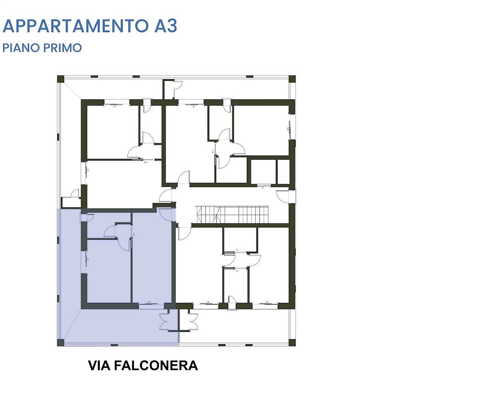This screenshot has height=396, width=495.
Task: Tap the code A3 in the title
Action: coord(166,26)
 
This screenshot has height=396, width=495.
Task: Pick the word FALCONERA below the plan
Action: coord(156,365)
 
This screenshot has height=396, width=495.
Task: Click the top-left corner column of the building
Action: coord(60,79)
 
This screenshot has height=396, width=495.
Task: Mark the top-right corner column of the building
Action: coord(292,79)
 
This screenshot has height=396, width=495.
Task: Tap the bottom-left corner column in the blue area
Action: coord(60,343)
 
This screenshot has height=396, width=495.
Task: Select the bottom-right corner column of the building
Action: coord(292,343)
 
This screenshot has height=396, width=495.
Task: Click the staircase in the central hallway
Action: coord(232,215)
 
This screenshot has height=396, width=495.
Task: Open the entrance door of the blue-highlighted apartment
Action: coord(166,215)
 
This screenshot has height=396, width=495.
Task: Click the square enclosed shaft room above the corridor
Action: coord(263,171)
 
